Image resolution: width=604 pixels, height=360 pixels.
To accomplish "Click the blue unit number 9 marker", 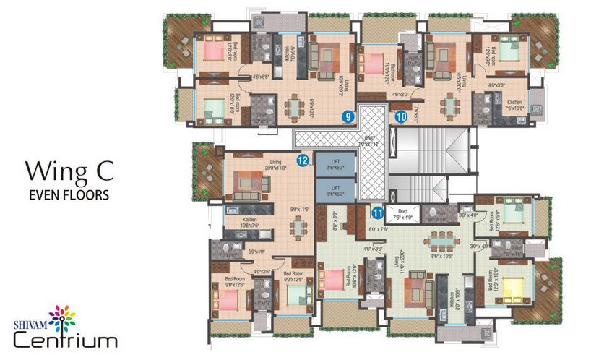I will [348, 115].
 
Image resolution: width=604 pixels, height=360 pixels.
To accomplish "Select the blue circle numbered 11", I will [377, 213].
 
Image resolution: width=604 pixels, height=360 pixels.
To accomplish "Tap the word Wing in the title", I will [55, 171].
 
